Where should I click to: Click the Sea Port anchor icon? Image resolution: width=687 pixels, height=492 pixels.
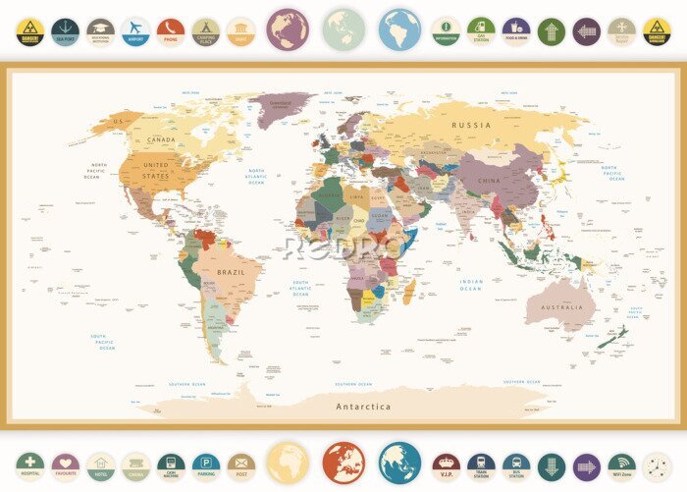pos(65,31)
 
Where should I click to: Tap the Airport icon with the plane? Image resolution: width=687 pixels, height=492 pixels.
pos(135,31)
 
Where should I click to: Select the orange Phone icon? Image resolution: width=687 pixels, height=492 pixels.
pos(171,31)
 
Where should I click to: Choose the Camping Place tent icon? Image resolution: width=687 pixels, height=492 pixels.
pos(205,31)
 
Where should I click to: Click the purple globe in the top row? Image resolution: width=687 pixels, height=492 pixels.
pos(287,29)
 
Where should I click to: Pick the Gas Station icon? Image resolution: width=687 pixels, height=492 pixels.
pos(480,31)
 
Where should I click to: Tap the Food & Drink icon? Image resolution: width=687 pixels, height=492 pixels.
pos(515,31)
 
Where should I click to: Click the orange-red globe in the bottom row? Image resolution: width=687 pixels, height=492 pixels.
pos(343,463)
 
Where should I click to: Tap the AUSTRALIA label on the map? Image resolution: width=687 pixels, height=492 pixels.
pos(561,307)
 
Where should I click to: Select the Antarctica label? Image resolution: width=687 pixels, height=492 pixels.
pos(363,407)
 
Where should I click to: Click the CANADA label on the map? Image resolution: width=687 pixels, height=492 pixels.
pos(160,139)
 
